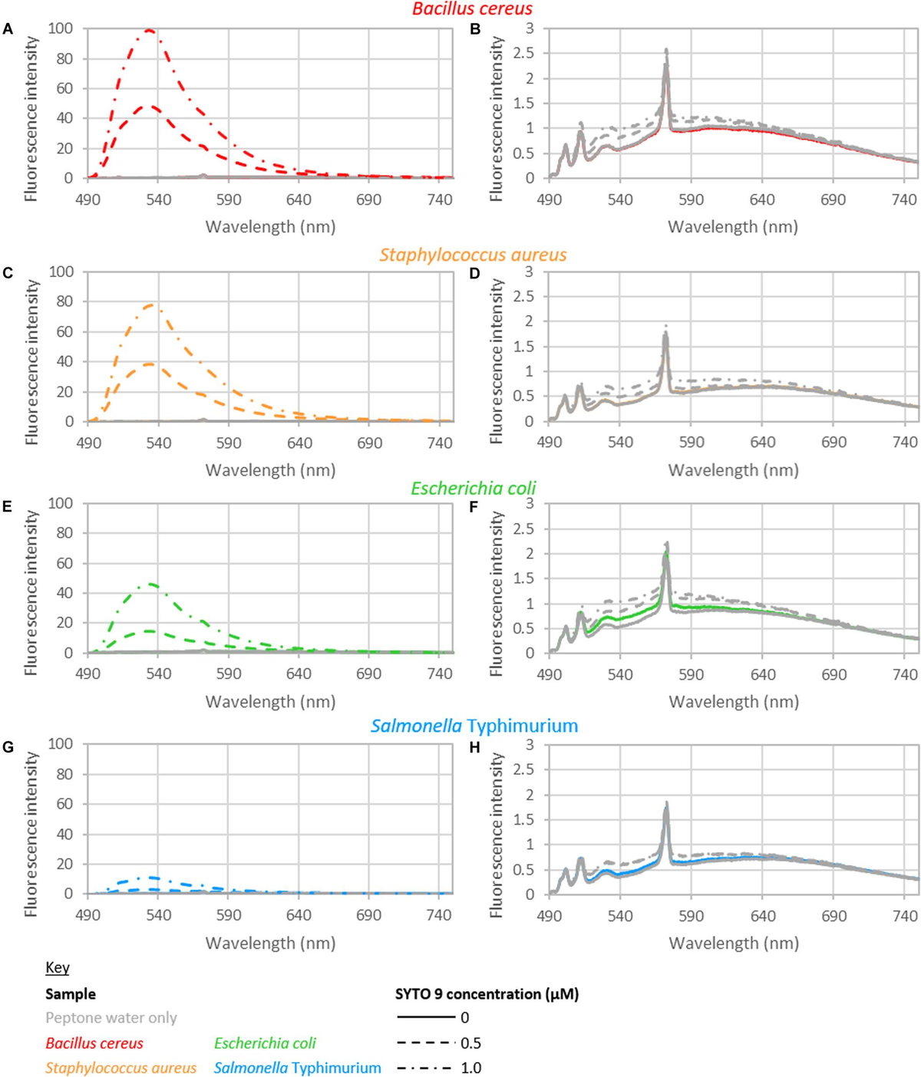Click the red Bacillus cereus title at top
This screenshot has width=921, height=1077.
pyautogui.click(x=472, y=9)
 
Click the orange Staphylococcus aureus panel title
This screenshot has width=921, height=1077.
pyautogui.click(x=473, y=255)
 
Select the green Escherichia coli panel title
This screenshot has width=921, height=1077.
pyautogui.click(x=473, y=489)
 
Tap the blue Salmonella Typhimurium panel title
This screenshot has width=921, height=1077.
pyautogui.click(x=474, y=726)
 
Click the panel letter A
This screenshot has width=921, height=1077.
pyautogui.click(x=8, y=29)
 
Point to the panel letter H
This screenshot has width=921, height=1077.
pyautogui.click(x=475, y=747)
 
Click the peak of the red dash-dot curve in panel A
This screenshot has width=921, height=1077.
pyautogui.click(x=149, y=30)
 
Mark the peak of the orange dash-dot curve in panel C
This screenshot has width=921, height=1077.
pyautogui.click(x=150, y=305)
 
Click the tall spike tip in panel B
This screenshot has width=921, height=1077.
pyautogui.click(x=666, y=50)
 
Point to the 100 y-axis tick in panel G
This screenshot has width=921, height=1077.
pyautogui.click(x=61, y=744)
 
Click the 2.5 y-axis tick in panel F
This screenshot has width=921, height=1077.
pyautogui.click(x=523, y=529)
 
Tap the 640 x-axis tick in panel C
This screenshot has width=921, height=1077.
pyautogui.click(x=299, y=443)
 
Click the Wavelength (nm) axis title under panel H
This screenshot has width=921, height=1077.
pyautogui.click(x=733, y=943)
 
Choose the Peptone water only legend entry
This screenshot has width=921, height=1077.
pyautogui.click(x=111, y=1018)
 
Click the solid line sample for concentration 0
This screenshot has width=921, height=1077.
pyautogui.click(x=426, y=1018)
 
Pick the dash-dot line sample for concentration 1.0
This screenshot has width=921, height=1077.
pyautogui.click(x=426, y=1068)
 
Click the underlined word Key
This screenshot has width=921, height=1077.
pyautogui.click(x=57, y=967)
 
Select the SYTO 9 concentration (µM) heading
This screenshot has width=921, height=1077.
pyautogui.click(x=487, y=994)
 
